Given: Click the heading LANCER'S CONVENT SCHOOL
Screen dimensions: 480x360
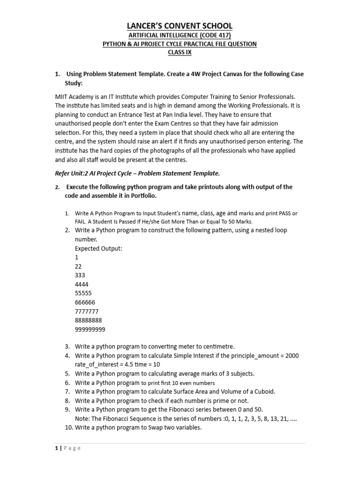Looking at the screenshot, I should click(x=180, y=26).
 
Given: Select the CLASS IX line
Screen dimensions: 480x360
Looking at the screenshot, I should click(x=180, y=52).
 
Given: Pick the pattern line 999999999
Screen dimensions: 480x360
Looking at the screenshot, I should click(x=90, y=329).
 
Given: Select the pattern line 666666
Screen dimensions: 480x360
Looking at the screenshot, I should click(x=84, y=302).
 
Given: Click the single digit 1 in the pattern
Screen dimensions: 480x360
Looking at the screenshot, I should click(x=76, y=258).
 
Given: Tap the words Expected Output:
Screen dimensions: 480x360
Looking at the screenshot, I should click(x=98, y=248).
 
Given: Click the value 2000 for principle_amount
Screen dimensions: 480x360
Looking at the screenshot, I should click(x=291, y=356).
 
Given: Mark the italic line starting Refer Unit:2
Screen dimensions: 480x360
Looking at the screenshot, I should click(x=137, y=173).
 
